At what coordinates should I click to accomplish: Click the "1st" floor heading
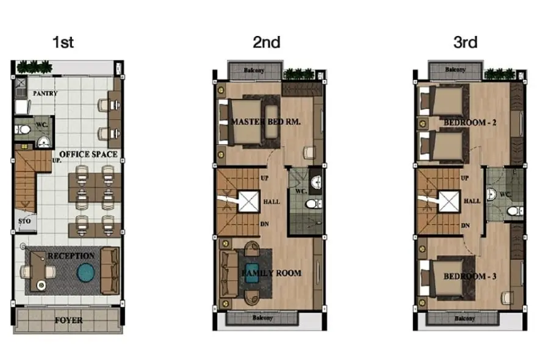(x=63, y=42)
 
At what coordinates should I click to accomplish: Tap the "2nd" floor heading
(x=267, y=42)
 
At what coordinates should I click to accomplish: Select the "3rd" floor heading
(x=466, y=42)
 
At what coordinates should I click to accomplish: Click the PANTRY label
(x=45, y=93)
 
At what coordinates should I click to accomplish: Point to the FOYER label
(x=69, y=320)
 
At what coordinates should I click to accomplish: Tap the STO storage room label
(x=24, y=221)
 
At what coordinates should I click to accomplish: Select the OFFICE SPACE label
(x=88, y=154)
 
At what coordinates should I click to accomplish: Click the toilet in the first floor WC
(x=23, y=129)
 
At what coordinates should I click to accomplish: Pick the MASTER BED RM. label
(x=266, y=121)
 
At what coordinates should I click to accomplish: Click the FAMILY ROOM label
(x=272, y=273)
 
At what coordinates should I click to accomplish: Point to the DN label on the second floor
(x=264, y=225)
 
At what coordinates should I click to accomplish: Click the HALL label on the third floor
(x=472, y=201)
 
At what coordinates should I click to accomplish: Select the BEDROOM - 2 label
(x=470, y=123)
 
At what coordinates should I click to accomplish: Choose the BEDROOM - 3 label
(x=470, y=276)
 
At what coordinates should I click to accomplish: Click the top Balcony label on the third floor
(x=455, y=70)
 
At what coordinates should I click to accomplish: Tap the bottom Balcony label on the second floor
(x=262, y=318)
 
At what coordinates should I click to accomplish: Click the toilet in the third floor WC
(x=515, y=211)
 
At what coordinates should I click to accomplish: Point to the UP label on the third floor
(x=465, y=178)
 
